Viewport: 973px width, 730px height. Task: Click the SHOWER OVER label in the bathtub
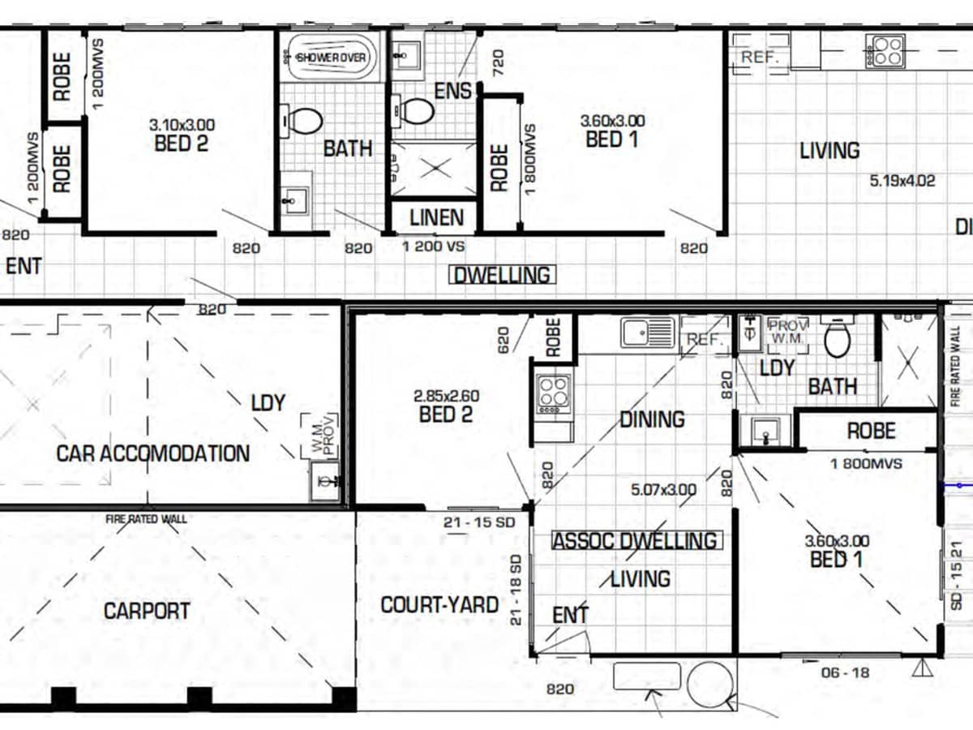coord(332,58)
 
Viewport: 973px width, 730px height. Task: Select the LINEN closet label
coord(436,217)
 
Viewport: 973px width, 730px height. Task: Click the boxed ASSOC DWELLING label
coord(635,541)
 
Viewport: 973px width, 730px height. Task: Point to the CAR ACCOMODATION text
coord(152,453)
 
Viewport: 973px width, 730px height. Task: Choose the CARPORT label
coord(147,611)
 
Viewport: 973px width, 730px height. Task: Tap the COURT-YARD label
coord(439,605)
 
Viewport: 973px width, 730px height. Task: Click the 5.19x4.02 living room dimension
coord(902,181)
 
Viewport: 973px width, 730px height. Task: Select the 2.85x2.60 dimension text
coord(446,397)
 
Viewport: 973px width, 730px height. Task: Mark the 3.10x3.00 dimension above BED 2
coord(182,125)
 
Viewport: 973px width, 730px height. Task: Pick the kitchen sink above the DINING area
coord(648,333)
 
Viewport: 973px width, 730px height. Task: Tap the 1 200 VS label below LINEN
coord(433,246)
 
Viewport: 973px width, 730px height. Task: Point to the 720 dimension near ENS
coord(498,62)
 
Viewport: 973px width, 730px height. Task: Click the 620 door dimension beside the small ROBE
coord(503,338)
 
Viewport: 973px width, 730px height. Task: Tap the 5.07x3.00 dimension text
coord(663,490)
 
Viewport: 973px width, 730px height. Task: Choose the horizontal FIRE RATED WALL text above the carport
coord(146,518)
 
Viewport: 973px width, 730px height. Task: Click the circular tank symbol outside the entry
coord(709,684)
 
